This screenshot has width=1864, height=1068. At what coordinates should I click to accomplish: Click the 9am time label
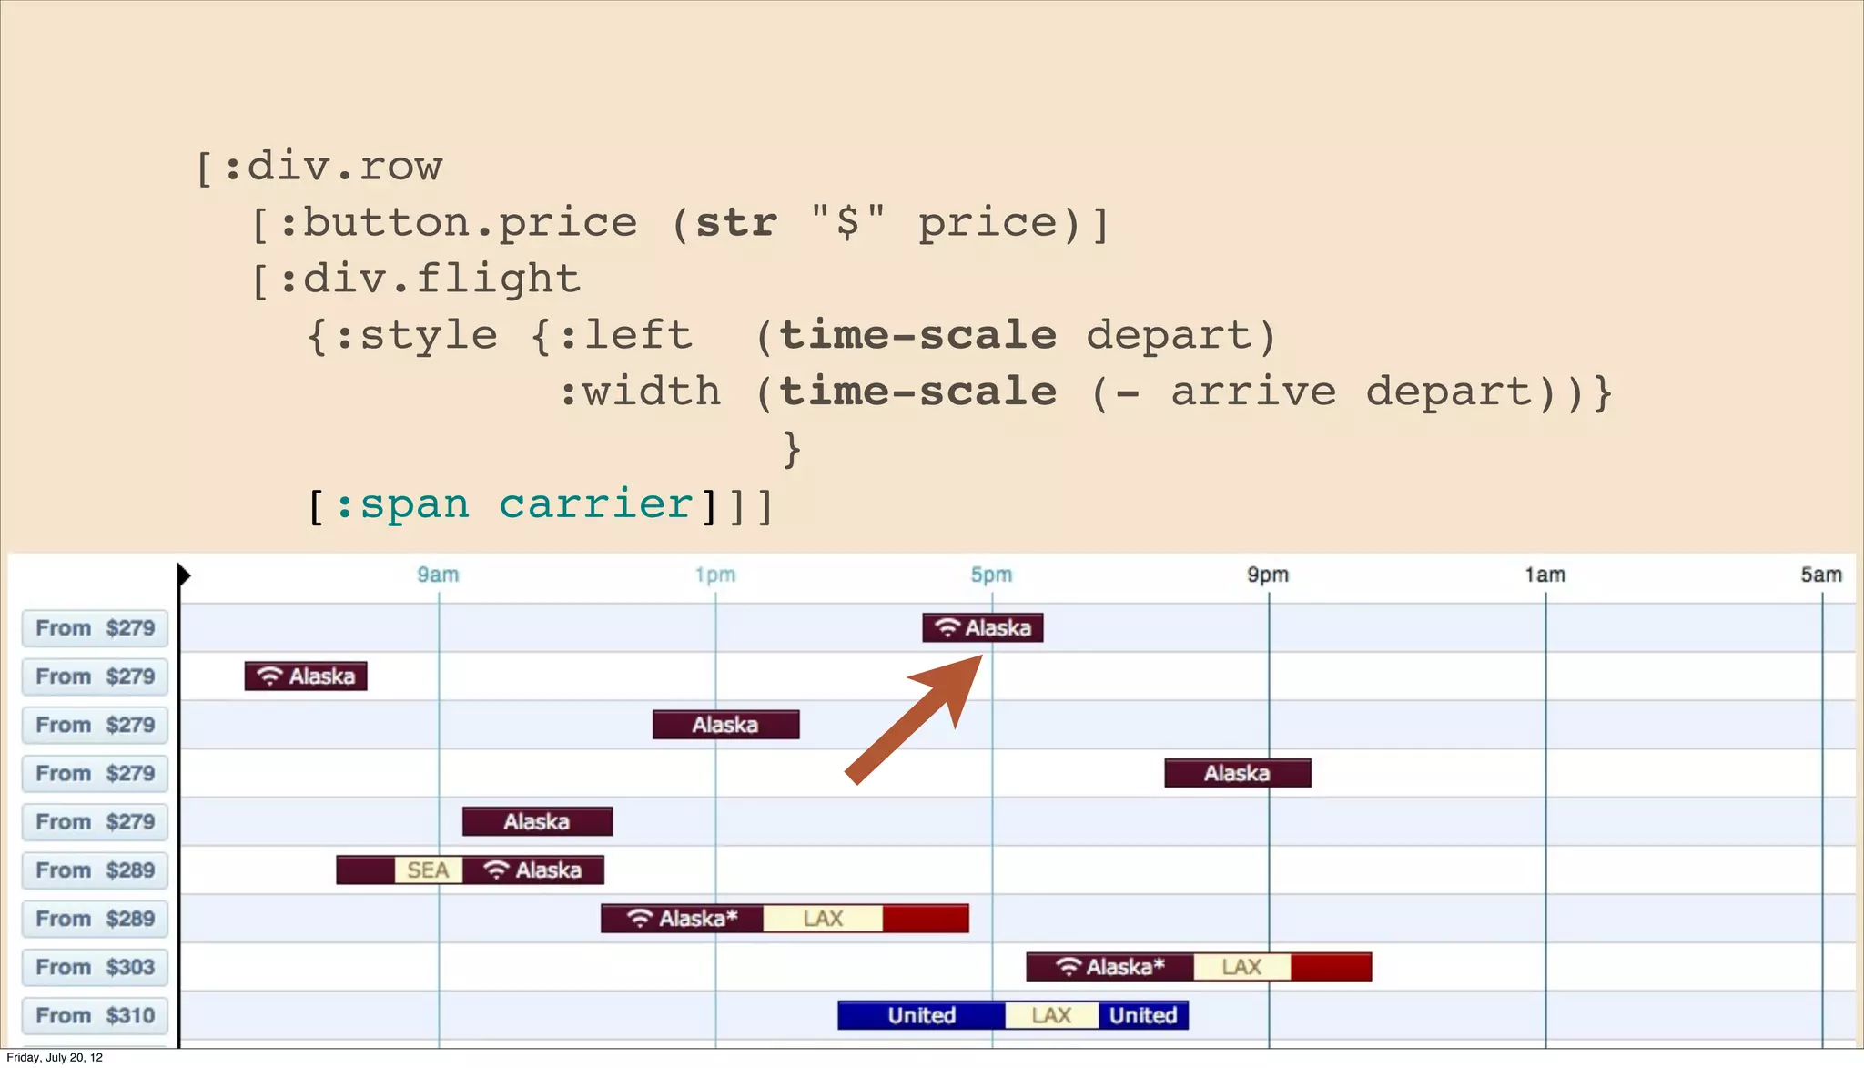coord(438,575)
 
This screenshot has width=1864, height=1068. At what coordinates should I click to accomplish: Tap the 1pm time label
coord(714,575)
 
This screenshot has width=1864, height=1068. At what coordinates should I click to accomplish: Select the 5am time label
coord(1820,575)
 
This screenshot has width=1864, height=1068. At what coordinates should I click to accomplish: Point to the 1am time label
coord(1545,575)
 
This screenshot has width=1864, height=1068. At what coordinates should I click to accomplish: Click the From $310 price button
coord(95,1015)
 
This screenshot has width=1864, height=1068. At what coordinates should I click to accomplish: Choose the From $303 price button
coord(95,967)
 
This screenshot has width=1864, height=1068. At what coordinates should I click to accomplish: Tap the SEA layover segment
coord(428,870)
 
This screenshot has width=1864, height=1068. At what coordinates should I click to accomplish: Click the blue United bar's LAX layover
coord(1051,1015)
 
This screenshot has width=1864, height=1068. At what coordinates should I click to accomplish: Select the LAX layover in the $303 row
coord(1241,967)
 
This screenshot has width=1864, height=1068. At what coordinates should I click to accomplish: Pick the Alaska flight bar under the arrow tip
coord(982,628)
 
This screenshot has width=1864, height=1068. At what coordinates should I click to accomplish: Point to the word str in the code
coord(736,223)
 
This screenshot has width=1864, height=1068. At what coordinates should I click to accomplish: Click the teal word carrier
coord(596,504)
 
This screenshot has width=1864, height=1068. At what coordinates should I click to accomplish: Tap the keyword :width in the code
coord(640,392)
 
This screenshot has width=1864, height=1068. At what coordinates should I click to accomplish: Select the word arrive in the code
coord(1253,392)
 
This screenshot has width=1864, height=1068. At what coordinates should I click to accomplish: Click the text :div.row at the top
coord(332,167)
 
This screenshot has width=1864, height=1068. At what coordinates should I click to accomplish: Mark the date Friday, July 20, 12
coord(55,1058)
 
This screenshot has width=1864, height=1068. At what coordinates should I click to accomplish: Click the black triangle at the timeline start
coord(183,575)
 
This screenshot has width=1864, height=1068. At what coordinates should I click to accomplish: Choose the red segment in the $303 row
coord(1331,967)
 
